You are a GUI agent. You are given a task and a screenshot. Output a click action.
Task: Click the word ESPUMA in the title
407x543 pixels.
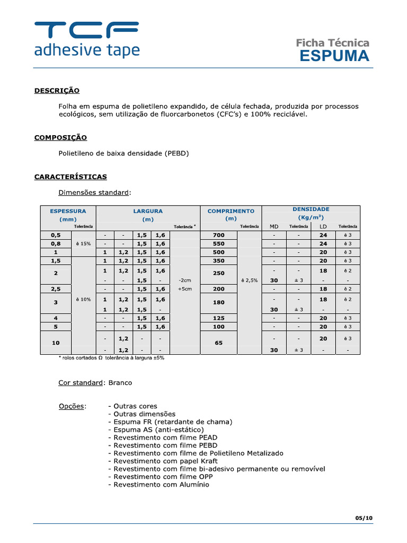click(334, 56)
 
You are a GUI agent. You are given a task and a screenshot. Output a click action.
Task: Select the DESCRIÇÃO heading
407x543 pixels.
click(57, 91)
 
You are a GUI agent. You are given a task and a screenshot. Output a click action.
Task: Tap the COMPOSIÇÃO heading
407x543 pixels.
click(60, 137)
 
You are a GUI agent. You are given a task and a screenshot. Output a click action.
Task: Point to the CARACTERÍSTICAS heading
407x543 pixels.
click(70, 177)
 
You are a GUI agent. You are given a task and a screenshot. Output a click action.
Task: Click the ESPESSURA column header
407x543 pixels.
click(68, 211)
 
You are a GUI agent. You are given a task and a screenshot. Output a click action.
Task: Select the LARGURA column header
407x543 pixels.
click(148, 211)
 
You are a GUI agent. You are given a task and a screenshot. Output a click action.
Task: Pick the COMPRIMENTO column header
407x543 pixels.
click(231, 211)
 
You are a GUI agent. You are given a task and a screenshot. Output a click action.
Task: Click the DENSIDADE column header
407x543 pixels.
click(311, 209)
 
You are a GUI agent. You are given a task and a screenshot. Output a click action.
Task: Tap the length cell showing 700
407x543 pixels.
click(218, 235)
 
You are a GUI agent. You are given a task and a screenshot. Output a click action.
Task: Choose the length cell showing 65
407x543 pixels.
click(218, 343)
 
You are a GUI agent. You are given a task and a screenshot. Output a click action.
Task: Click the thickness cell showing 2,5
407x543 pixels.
click(56, 289)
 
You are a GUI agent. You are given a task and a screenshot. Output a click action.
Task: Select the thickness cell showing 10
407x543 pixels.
click(56, 343)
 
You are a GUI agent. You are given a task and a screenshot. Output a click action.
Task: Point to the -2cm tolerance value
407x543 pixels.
click(184, 280)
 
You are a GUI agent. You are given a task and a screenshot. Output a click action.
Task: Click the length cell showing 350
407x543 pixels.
click(218, 261)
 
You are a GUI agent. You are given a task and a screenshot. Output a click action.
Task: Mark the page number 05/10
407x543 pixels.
click(364, 518)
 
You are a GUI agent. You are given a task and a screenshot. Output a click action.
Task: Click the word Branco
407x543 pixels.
click(120, 383)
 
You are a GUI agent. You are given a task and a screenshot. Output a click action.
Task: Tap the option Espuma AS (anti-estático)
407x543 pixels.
click(158, 430)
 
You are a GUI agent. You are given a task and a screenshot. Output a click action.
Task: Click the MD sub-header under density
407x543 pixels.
click(274, 227)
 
